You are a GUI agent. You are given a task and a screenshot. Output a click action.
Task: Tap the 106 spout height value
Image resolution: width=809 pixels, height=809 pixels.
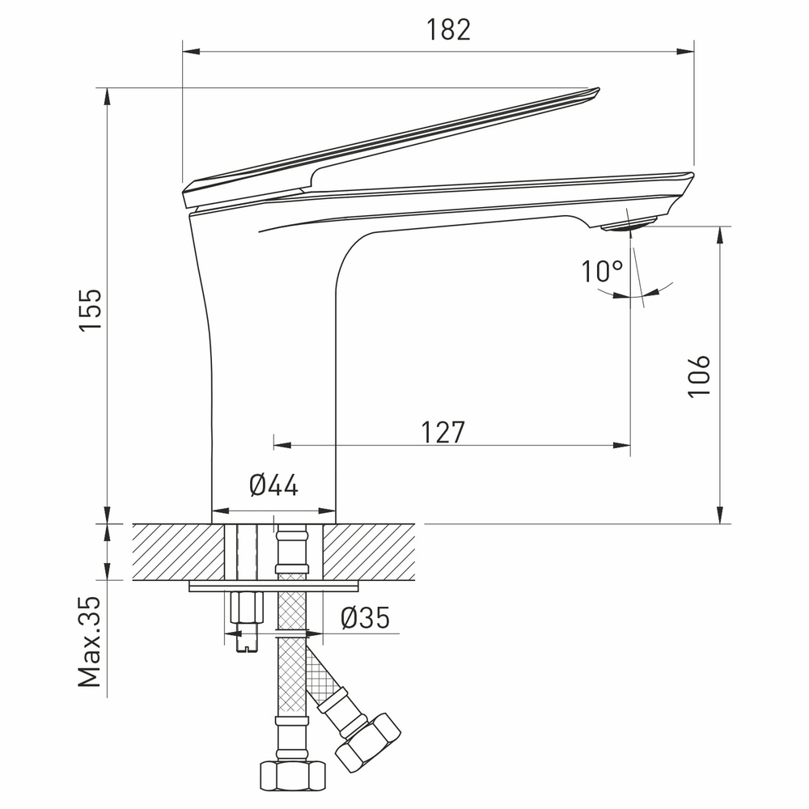[698, 375]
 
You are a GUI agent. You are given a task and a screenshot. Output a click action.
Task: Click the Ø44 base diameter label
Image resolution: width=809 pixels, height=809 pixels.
[273, 485]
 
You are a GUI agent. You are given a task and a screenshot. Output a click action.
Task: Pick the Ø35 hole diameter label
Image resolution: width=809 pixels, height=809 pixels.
[365, 618]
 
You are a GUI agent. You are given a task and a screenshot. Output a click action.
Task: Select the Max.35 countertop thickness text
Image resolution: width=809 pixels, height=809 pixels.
[91, 642]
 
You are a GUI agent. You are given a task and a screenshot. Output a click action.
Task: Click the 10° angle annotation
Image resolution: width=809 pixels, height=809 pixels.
[602, 272]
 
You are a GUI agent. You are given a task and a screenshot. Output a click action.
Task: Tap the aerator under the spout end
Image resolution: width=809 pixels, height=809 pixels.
[630, 225]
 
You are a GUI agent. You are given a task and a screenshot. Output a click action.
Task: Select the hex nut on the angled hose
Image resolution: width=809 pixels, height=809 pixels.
[368, 740]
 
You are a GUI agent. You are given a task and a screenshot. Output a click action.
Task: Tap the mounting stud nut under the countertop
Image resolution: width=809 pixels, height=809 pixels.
[247, 607]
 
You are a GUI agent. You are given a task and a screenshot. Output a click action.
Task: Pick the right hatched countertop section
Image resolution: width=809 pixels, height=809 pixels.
[372, 552]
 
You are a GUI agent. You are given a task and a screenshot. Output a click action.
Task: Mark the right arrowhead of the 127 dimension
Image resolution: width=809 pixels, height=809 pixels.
[624, 444]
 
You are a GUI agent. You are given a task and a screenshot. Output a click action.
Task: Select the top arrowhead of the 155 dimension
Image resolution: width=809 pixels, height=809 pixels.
[108, 94]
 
